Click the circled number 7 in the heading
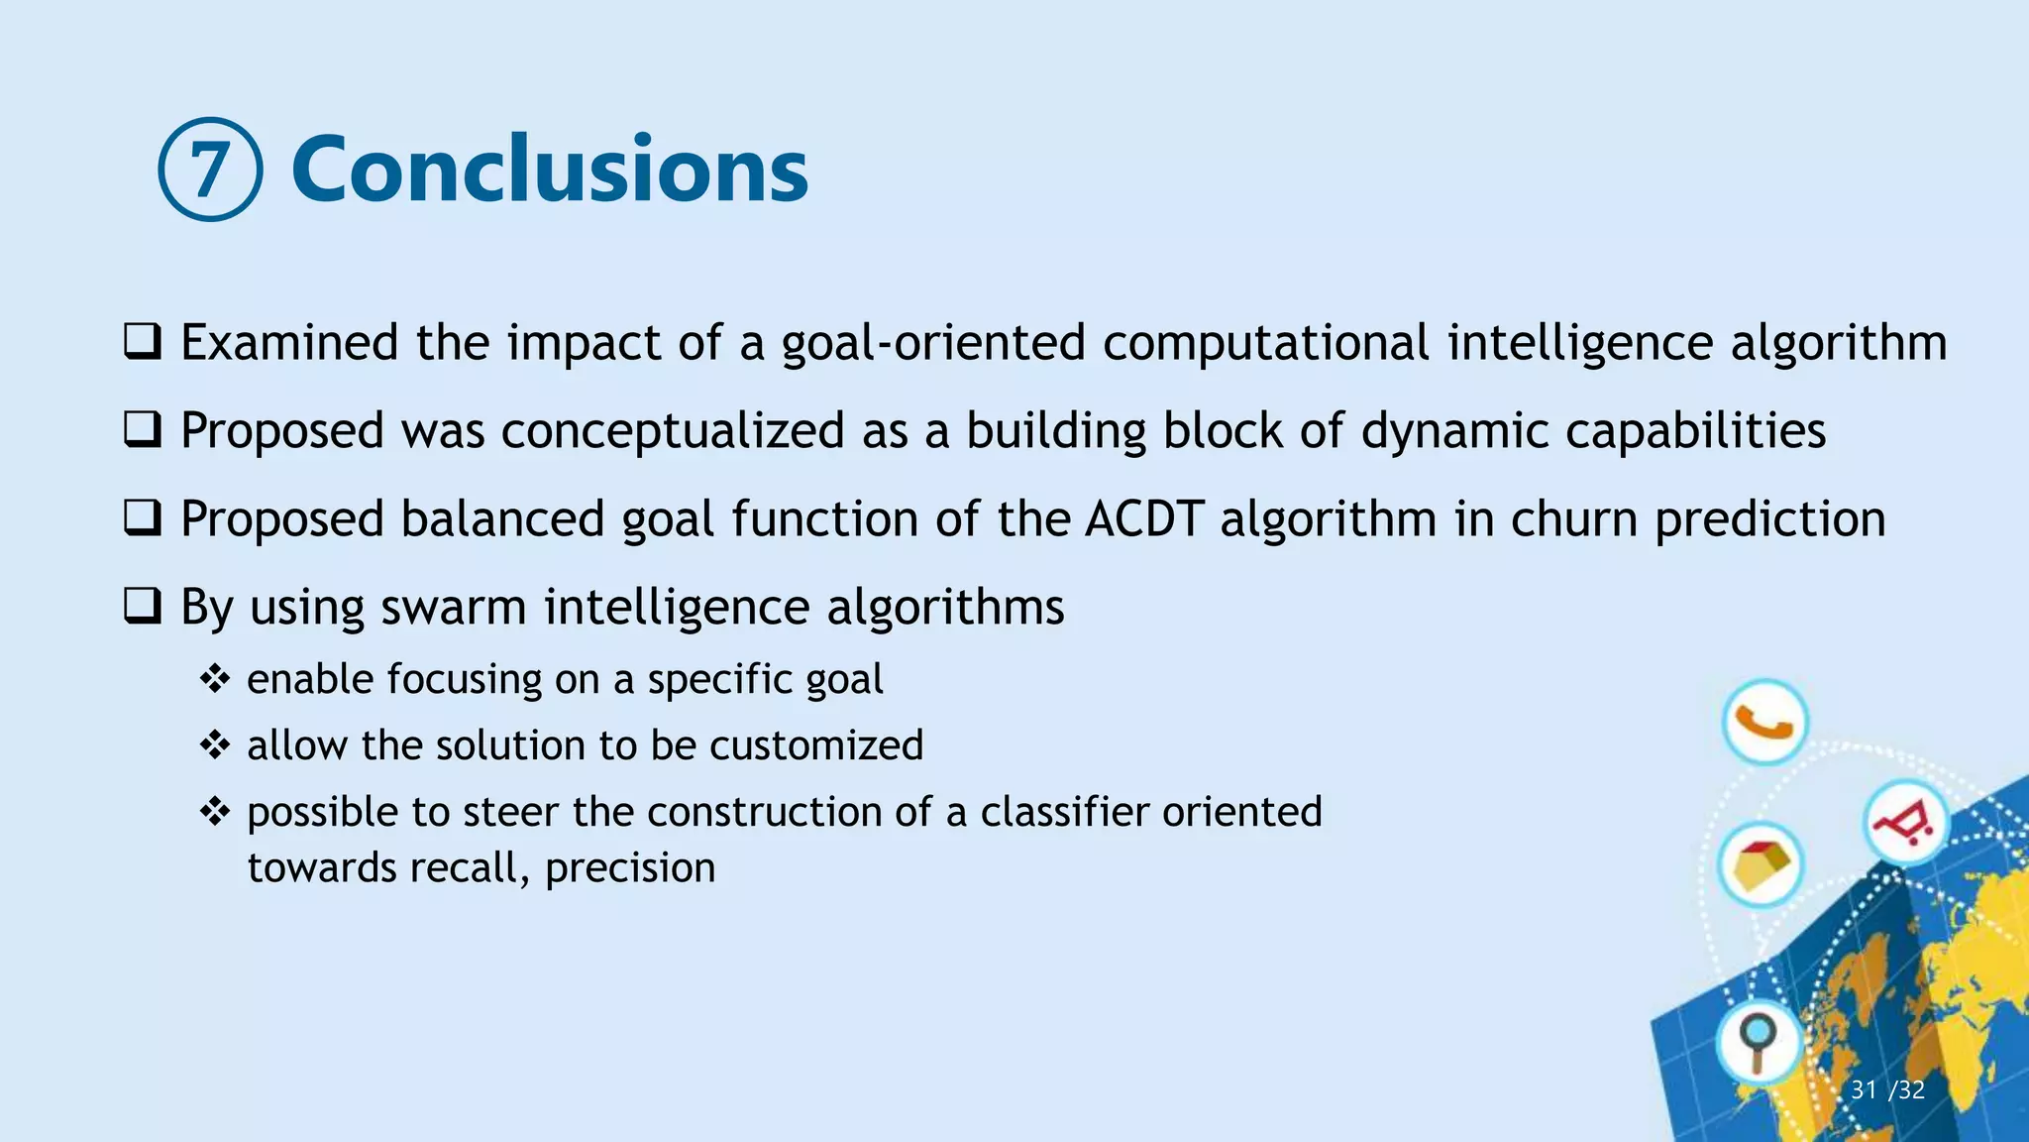pyautogui.click(x=210, y=170)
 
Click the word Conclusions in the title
pyautogui.click(x=550, y=170)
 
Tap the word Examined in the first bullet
pyautogui.click(x=288, y=343)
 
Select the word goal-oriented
pyautogui.click(x=933, y=343)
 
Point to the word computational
pyautogui.click(x=1265, y=343)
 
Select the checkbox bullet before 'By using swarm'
pyautogui.click(x=143, y=607)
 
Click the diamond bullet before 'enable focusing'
pyautogui.click(x=215, y=680)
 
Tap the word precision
pyautogui.click(x=630, y=868)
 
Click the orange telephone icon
pyautogui.click(x=1764, y=722)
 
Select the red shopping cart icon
pyautogui.click(x=1905, y=823)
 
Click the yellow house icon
pyautogui.click(x=1761, y=865)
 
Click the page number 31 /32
pyautogui.click(x=1887, y=1090)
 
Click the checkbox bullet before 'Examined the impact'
pyautogui.click(x=143, y=342)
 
